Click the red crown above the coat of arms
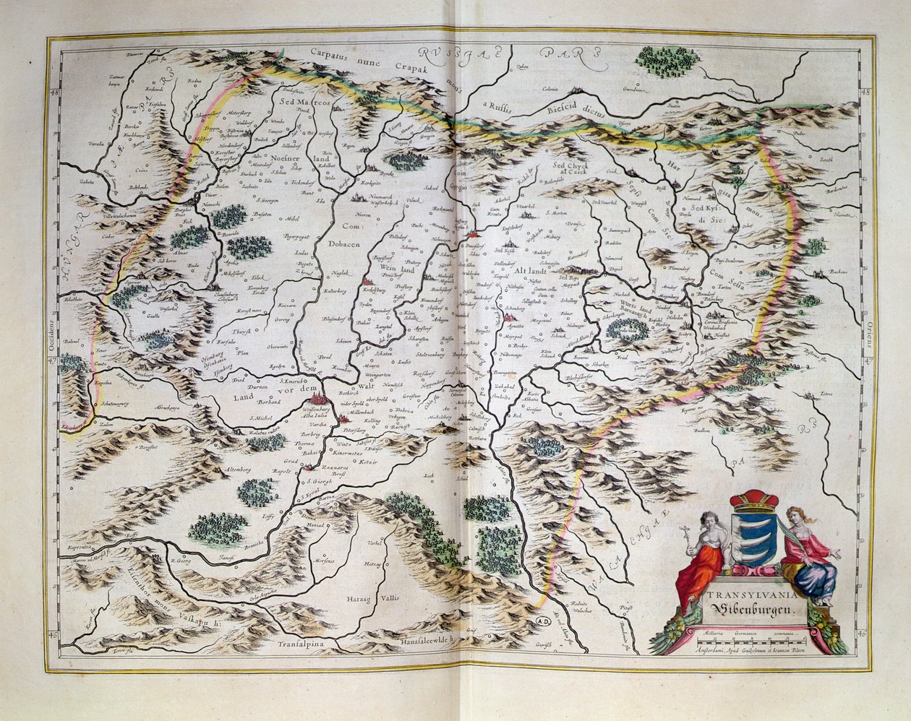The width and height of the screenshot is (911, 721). [754, 500]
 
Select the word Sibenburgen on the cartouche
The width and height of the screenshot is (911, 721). [752, 608]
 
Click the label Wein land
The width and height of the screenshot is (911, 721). [396, 268]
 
